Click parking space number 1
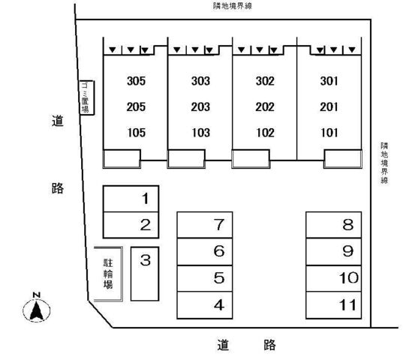tap(131, 199)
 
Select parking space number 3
tap(145, 274)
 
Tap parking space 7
tap(205, 225)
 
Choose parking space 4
tap(205, 304)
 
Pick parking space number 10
tap(333, 278)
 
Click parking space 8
tap(333, 225)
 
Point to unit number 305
tap(136, 81)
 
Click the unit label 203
tap(200, 107)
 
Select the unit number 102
tap(265, 133)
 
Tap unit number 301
tap(329, 81)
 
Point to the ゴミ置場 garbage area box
tap(87, 97)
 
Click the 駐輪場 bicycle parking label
tap(108, 274)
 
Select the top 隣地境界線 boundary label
tap(233, 6)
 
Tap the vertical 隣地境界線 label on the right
tap(384, 163)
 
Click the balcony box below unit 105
tap(122, 159)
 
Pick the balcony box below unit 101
tap(343, 159)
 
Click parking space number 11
tap(333, 305)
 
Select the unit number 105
tap(137, 133)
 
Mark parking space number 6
tap(205, 251)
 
